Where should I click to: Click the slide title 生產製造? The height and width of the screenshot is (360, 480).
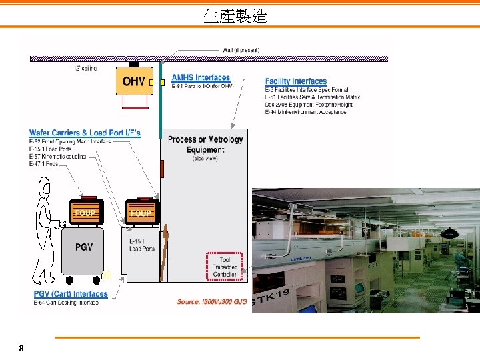[235, 16]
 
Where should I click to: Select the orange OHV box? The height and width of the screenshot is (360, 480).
[135, 82]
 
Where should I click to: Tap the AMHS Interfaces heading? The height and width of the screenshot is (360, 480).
[201, 78]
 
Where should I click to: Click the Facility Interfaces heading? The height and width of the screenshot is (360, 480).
[296, 81]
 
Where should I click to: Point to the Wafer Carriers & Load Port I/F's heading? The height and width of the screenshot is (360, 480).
[85, 133]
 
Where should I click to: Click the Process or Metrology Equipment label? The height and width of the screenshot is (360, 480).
[205, 145]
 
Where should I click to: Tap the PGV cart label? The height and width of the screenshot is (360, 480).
[84, 247]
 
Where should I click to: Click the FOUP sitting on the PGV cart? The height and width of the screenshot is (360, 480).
[85, 212]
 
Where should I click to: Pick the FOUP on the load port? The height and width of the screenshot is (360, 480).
[141, 212]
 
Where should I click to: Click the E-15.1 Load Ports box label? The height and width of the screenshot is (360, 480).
[142, 244]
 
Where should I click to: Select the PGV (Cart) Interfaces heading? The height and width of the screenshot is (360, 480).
[71, 294]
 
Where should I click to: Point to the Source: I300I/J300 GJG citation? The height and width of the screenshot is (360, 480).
[212, 302]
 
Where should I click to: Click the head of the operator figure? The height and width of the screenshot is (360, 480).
[45, 187]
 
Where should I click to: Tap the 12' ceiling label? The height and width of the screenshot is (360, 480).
[85, 68]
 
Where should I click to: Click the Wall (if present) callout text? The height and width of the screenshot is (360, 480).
[240, 50]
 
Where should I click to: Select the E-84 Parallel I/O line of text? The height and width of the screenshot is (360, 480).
[203, 87]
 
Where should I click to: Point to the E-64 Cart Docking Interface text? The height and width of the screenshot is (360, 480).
[66, 303]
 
